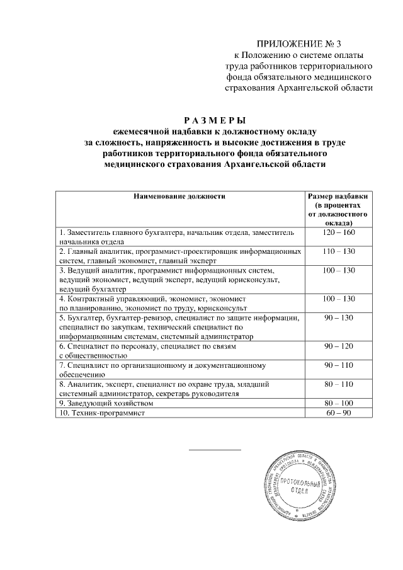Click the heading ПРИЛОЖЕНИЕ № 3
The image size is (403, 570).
pos(304,43)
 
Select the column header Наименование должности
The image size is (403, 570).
pos(179,197)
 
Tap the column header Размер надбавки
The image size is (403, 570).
pos(338,197)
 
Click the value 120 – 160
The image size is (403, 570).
pos(338,232)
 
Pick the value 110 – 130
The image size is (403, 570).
pos(338,251)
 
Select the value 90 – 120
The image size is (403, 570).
pos(338,346)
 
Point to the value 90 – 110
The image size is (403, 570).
pos(338,365)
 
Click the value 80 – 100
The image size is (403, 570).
pos(338,402)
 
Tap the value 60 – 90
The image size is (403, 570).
pos(338,413)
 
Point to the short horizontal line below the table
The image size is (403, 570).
pos(215,450)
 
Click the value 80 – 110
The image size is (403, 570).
pos(338,384)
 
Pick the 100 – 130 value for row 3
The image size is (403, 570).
pos(338,270)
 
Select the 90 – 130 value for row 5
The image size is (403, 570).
pos(338,318)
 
